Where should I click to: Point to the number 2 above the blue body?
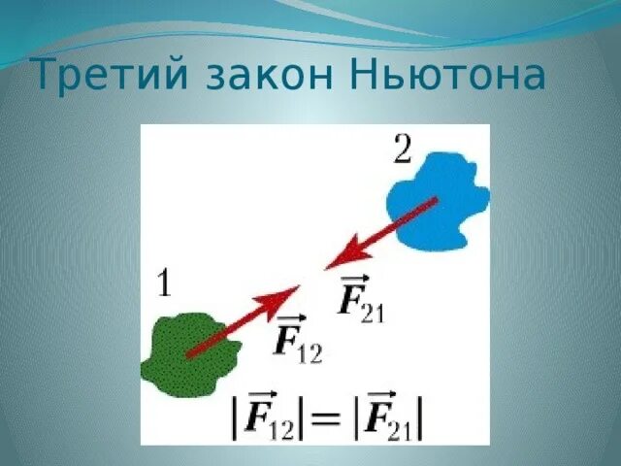402,150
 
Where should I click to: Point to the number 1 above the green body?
165,283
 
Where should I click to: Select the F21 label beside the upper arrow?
359,299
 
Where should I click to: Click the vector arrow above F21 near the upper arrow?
350,279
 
